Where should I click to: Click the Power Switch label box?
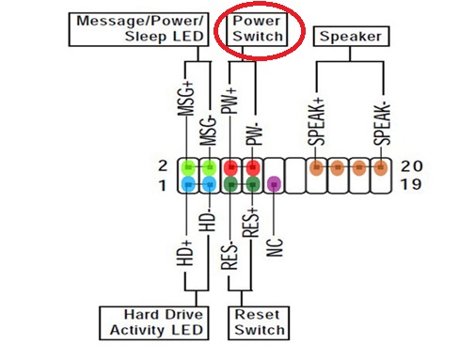[x=257, y=29]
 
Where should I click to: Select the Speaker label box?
[x=351, y=37]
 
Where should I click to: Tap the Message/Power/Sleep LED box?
[x=138, y=29]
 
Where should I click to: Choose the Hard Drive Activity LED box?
[x=154, y=323]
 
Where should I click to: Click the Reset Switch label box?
[x=259, y=323]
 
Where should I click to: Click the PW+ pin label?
[x=229, y=101]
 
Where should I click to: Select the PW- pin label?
[x=254, y=134]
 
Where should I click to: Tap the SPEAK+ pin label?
[x=316, y=122]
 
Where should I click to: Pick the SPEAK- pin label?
[x=382, y=124]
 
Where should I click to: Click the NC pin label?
[x=275, y=247]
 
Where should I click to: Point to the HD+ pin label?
[x=185, y=253]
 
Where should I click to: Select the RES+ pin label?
[x=250, y=223]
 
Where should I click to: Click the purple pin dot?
[x=274, y=184]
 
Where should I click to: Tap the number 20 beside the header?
[x=412, y=165]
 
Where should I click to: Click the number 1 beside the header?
[x=163, y=185]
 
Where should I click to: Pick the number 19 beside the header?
[x=411, y=184]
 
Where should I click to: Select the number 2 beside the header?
[x=163, y=165]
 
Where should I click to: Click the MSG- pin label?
[x=209, y=131]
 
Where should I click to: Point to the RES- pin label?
[x=229, y=256]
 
